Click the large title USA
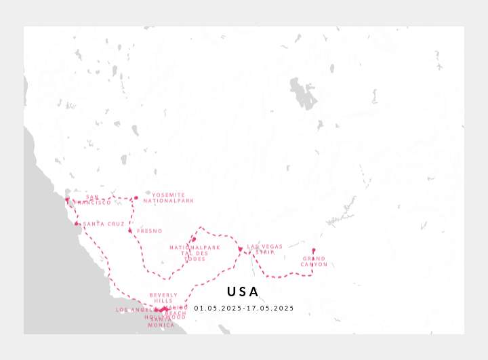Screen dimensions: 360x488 click(x=243, y=292)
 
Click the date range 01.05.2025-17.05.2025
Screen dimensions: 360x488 click(x=244, y=308)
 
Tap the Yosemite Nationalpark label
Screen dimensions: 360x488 click(x=173, y=198)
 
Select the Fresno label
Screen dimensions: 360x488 click(x=149, y=231)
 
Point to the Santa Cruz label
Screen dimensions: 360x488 click(x=104, y=224)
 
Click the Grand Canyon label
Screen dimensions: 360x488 click(x=314, y=261)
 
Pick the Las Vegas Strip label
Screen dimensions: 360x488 click(x=264, y=249)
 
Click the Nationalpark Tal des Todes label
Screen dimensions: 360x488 click(x=195, y=253)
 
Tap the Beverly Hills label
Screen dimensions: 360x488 click(x=163, y=298)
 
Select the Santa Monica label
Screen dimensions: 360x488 click(x=161, y=322)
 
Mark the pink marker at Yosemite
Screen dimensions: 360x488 click(x=136, y=198)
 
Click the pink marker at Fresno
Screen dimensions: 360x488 click(x=130, y=231)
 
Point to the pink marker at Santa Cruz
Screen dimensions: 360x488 click(x=77, y=224)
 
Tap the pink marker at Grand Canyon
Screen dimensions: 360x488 click(x=313, y=250)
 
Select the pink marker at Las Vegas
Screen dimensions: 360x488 click(x=240, y=249)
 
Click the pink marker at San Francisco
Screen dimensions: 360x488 click(x=67, y=199)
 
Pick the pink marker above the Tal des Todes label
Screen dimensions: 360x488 click(x=194, y=239)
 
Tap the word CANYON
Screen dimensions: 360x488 click(x=314, y=264)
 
